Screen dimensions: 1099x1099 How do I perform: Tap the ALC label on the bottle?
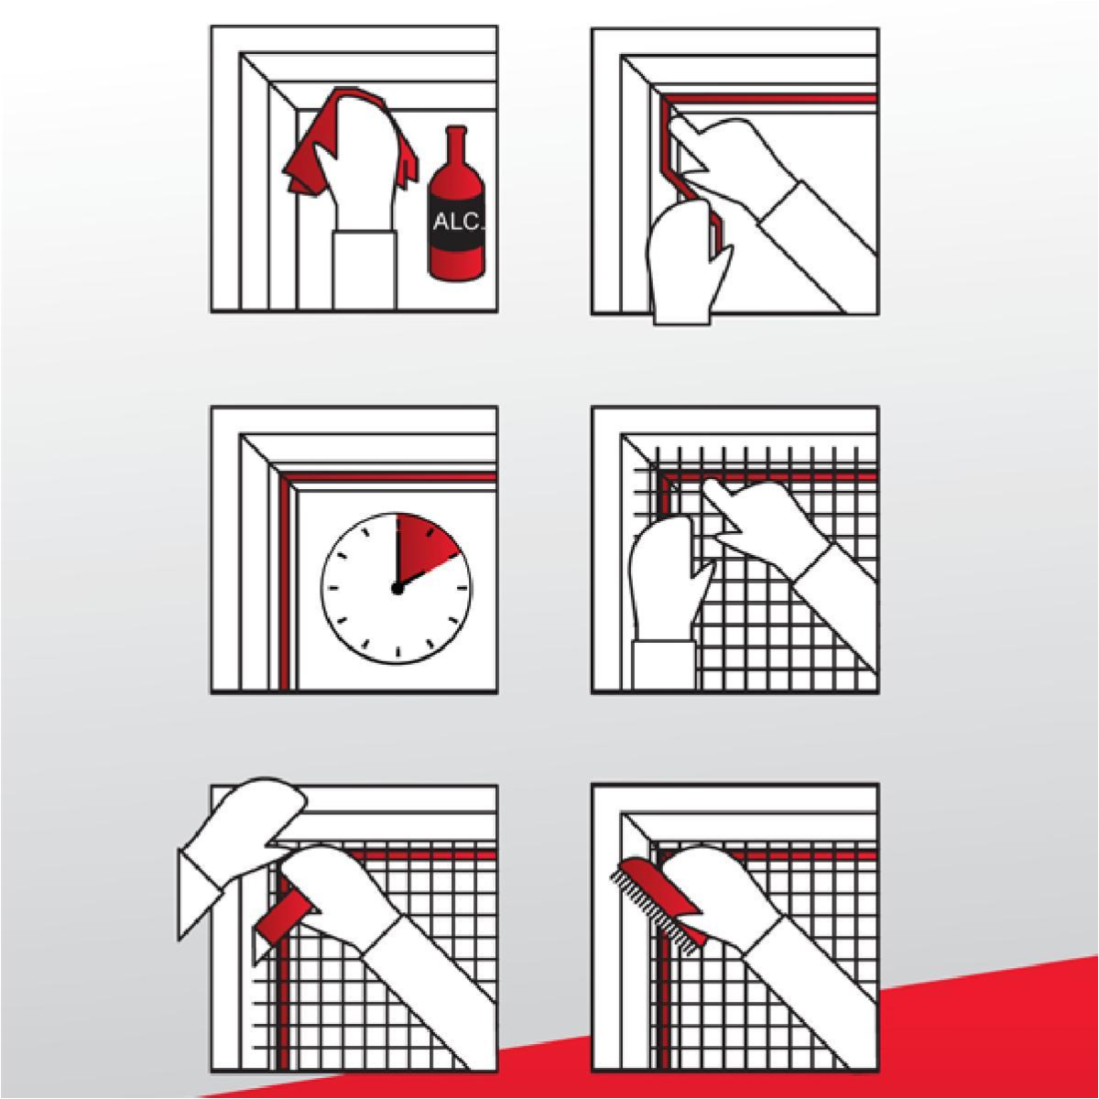point(457,222)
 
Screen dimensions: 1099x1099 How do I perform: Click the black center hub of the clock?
point(397,589)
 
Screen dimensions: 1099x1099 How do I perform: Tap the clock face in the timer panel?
point(397,589)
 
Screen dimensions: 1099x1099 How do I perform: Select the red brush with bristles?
point(656,906)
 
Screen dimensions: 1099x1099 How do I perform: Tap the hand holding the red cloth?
point(354,171)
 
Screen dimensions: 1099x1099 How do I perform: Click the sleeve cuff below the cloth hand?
point(365,271)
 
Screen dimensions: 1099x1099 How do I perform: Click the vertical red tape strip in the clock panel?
point(283,582)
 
